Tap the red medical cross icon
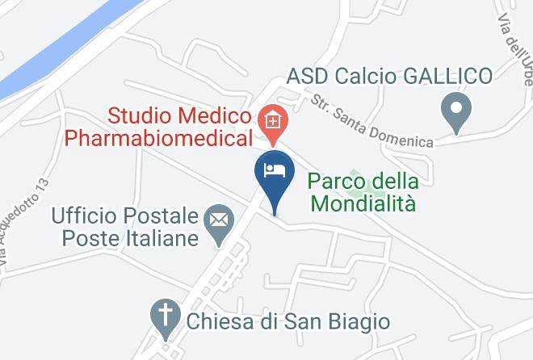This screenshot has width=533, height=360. (x=273, y=122)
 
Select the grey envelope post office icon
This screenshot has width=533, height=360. (x=218, y=219)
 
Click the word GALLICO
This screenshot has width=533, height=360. (x=446, y=77)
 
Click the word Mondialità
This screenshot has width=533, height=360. (x=363, y=203)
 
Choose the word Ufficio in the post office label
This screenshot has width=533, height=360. (x=83, y=216)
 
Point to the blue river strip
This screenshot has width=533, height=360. (x=57, y=48)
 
